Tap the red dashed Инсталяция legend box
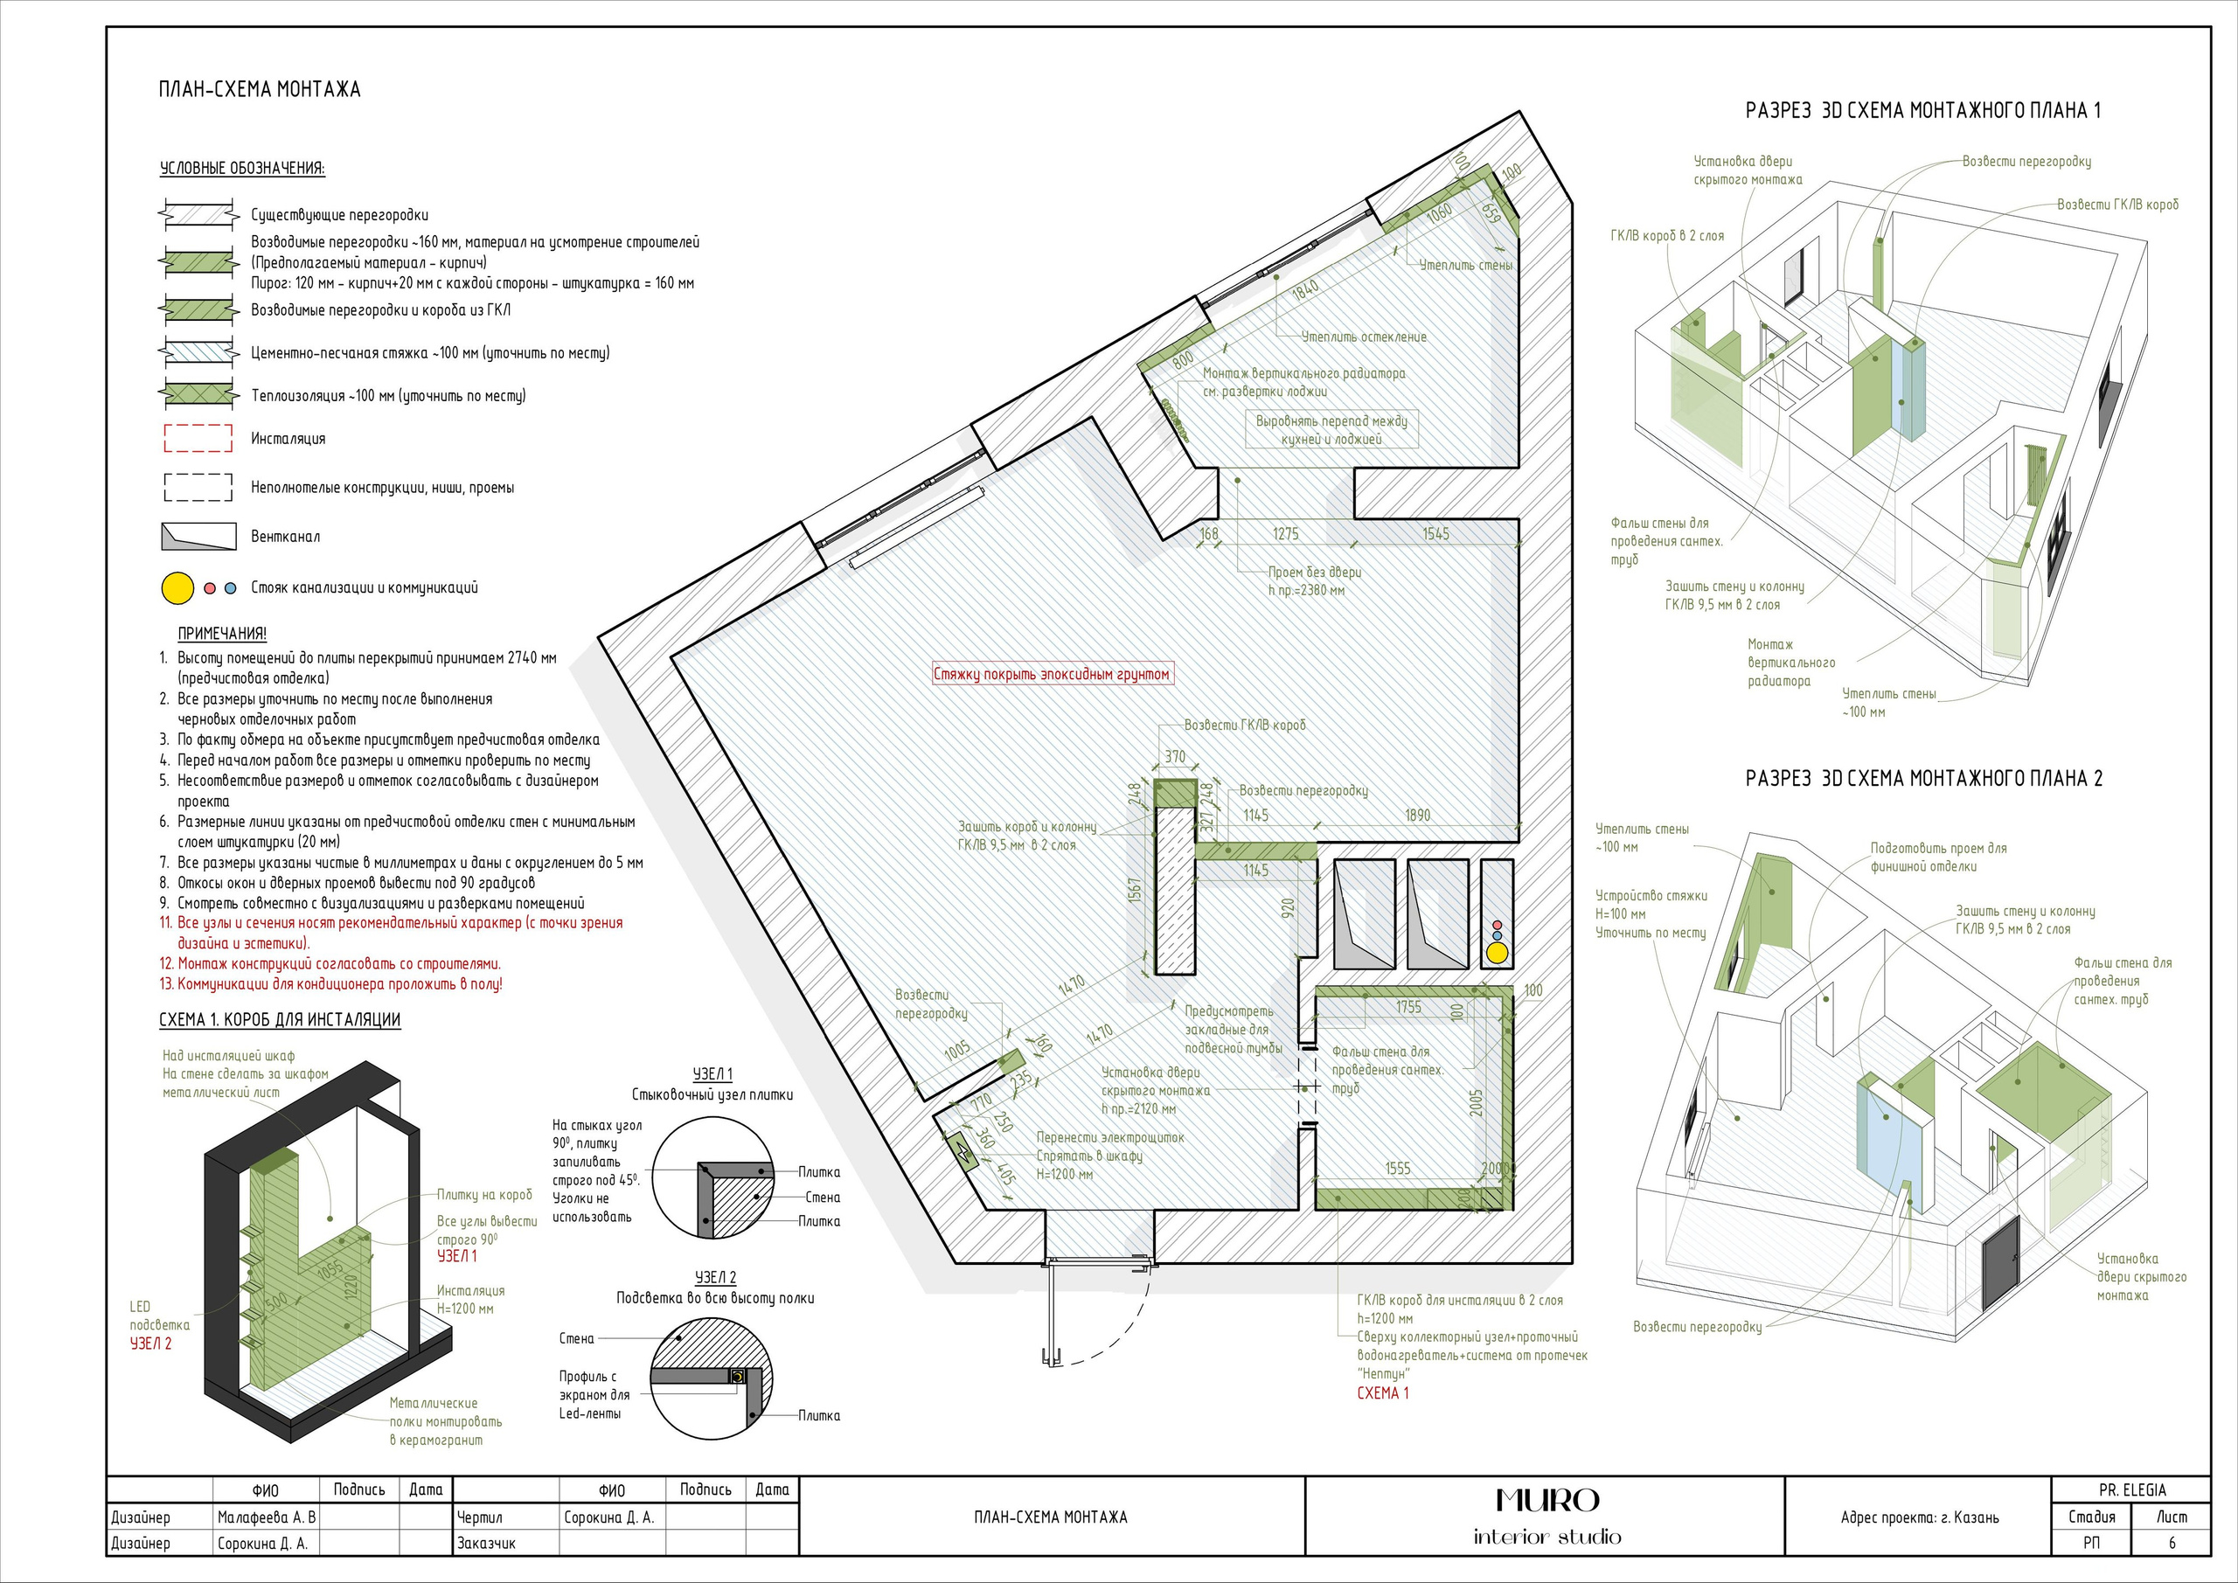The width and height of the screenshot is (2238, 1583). pyautogui.click(x=198, y=439)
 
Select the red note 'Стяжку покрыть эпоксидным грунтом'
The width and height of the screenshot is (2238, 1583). pyautogui.click(x=1052, y=674)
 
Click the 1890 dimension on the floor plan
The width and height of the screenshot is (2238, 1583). pyautogui.click(x=1417, y=815)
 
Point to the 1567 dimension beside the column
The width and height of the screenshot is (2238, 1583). pyautogui.click(x=1135, y=890)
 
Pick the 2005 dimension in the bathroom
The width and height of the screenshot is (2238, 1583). pyautogui.click(x=1477, y=1102)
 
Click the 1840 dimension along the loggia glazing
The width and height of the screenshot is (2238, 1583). pyautogui.click(x=1305, y=288)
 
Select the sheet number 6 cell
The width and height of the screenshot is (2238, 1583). pyautogui.click(x=2172, y=1543)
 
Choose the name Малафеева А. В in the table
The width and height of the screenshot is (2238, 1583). pyautogui.click(x=266, y=1517)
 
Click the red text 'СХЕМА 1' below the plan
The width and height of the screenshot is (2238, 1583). pyautogui.click(x=1382, y=1393)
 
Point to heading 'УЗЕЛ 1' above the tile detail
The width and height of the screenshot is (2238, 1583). pyautogui.click(x=712, y=1074)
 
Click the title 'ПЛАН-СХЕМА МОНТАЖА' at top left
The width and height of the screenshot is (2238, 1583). pyautogui.click(x=260, y=90)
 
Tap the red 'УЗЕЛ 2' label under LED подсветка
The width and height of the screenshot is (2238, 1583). pyautogui.click(x=151, y=1343)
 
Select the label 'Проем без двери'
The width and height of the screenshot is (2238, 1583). pyautogui.click(x=1315, y=573)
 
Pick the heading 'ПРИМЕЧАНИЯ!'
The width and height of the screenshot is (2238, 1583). pyautogui.click(x=222, y=634)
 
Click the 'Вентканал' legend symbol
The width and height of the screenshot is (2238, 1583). pyautogui.click(x=198, y=537)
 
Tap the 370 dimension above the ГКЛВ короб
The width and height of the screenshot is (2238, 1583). pyautogui.click(x=1175, y=756)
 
